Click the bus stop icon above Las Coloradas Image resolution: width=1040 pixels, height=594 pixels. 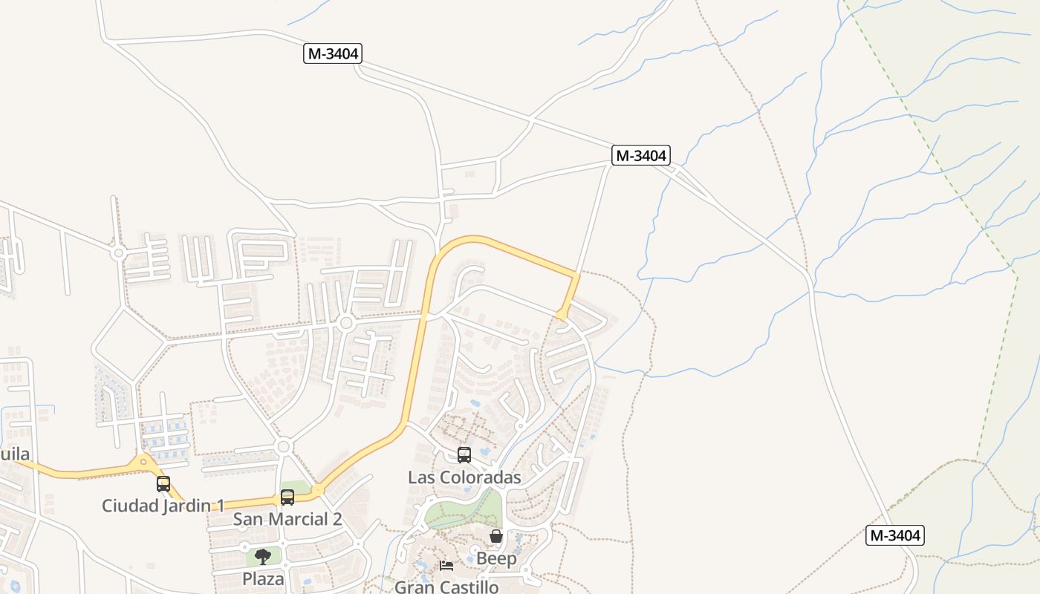click(x=464, y=455)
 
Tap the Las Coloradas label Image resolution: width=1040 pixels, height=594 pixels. click(x=464, y=477)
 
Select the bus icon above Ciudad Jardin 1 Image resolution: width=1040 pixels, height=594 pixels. click(x=163, y=484)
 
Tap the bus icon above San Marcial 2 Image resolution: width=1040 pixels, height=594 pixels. click(x=287, y=497)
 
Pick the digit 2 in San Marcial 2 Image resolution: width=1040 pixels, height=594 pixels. click(x=337, y=519)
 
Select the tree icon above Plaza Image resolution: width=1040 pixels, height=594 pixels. click(x=263, y=557)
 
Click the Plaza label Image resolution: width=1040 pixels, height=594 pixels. click(x=263, y=578)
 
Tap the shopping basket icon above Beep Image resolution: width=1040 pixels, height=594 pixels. click(x=496, y=536)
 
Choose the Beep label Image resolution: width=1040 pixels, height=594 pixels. click(x=496, y=558)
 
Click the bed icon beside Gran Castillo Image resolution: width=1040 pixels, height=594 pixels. click(x=446, y=566)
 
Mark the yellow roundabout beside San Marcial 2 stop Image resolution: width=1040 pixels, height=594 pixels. click(x=318, y=490)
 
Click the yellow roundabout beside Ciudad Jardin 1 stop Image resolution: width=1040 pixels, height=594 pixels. click(x=144, y=462)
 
